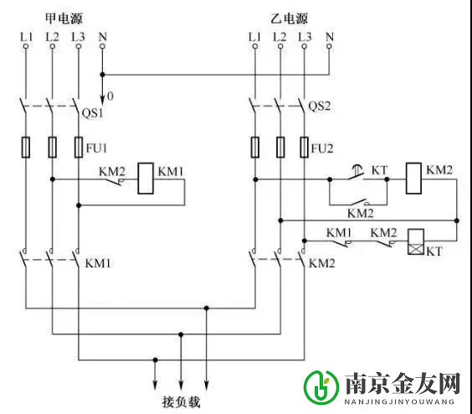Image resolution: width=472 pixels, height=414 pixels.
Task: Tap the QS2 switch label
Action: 321,106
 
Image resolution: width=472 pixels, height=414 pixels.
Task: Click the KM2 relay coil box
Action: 413,179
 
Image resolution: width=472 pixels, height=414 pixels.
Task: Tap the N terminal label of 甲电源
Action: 102,37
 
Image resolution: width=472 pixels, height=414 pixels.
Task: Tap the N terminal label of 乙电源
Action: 329,37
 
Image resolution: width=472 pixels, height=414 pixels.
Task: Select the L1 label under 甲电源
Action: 26,37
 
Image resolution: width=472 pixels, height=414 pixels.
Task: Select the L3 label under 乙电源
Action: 304,37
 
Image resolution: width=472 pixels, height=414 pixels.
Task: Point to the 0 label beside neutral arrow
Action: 110,97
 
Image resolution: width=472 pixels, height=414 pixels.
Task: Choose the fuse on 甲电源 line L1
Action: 26,148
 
